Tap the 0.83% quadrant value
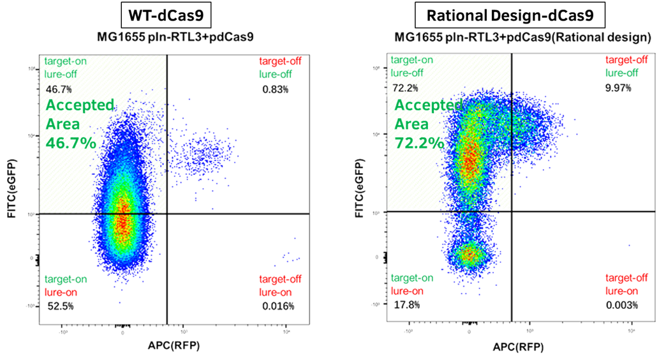pyautogui.click(x=275, y=89)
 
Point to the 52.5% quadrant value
pyautogui.click(x=59, y=306)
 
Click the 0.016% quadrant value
pyautogui.click(x=277, y=306)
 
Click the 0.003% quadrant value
pyautogui.click(x=622, y=305)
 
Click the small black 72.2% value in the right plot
pyautogui.click(x=404, y=86)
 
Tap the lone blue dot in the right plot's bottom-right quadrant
pyautogui.click(x=629, y=245)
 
